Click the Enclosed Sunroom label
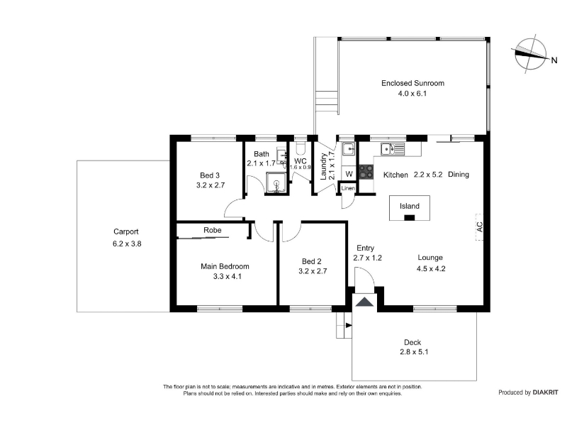point(412,83)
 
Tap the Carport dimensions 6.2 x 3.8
point(127,244)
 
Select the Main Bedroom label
point(225,266)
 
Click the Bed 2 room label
point(311,261)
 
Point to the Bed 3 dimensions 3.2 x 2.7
point(210,185)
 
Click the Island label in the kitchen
point(410,206)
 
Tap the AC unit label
point(480,227)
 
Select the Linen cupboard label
point(348,188)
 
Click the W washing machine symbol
point(349,174)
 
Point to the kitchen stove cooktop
point(366,172)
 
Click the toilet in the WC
point(301,148)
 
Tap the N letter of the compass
point(554,60)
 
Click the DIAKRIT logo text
point(545,393)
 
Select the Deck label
point(412,342)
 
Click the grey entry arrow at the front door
point(364,302)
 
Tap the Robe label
point(212,230)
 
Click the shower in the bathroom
point(277,182)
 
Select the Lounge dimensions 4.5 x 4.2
point(431,268)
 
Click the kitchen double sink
point(393,149)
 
